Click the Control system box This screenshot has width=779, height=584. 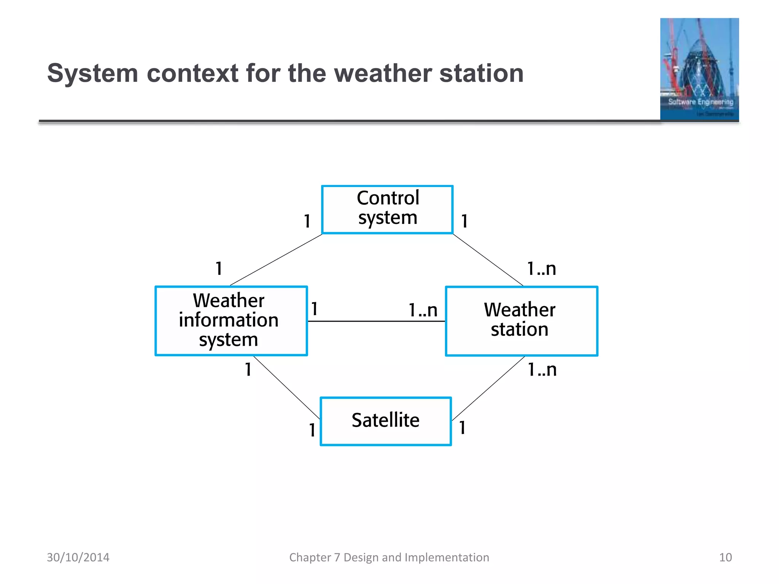387,209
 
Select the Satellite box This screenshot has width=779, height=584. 386,421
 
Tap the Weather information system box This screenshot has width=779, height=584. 231,321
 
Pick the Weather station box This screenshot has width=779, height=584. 521,321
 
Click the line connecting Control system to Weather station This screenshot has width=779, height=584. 488,260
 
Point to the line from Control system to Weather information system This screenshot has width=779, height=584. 276,260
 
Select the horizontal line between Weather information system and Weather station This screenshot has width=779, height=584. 376,321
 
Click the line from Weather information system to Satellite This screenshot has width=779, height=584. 286,387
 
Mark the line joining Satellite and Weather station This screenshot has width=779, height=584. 488,388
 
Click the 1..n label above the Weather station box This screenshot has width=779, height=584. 541,269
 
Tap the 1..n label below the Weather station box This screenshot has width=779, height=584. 542,370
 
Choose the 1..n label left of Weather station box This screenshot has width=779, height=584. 423,310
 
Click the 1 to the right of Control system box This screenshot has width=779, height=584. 464,221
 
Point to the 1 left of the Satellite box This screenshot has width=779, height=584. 312,430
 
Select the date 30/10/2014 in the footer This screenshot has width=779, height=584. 78,557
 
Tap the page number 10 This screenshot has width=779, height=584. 725,557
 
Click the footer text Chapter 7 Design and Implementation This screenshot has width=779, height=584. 389,557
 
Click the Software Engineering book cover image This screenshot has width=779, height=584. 699,69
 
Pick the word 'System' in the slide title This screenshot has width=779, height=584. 92,73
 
